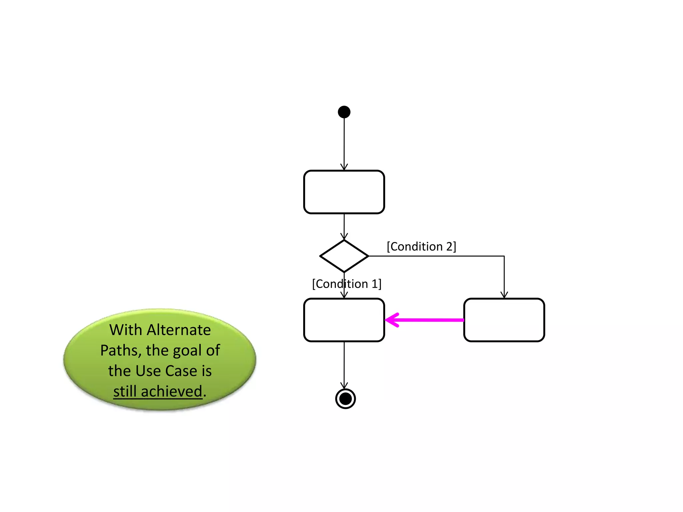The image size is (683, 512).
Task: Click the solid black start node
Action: pos(344,112)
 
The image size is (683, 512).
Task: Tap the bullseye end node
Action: pos(345,398)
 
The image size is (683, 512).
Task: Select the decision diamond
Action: pos(344,256)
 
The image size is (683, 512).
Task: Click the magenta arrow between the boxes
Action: pos(424,320)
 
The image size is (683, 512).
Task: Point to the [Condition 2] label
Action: pos(421,247)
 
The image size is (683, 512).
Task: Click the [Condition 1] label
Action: pos(347,284)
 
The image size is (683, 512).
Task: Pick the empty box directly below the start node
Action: pos(344,192)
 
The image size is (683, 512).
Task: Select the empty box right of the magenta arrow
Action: pos(504,320)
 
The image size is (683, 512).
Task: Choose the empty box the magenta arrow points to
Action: pos(344,320)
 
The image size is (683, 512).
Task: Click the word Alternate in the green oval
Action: pos(179,330)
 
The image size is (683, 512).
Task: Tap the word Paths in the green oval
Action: pos(119,351)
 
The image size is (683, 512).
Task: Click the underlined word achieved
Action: pos(171,391)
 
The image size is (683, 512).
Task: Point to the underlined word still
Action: pos(125,391)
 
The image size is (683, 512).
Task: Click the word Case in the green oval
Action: pos(181,371)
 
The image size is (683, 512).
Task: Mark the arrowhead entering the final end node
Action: pos(344,386)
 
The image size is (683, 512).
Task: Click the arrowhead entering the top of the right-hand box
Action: pos(504,295)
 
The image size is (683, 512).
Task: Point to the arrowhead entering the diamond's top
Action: pos(344,236)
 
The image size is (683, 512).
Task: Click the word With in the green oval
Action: pos(126,330)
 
